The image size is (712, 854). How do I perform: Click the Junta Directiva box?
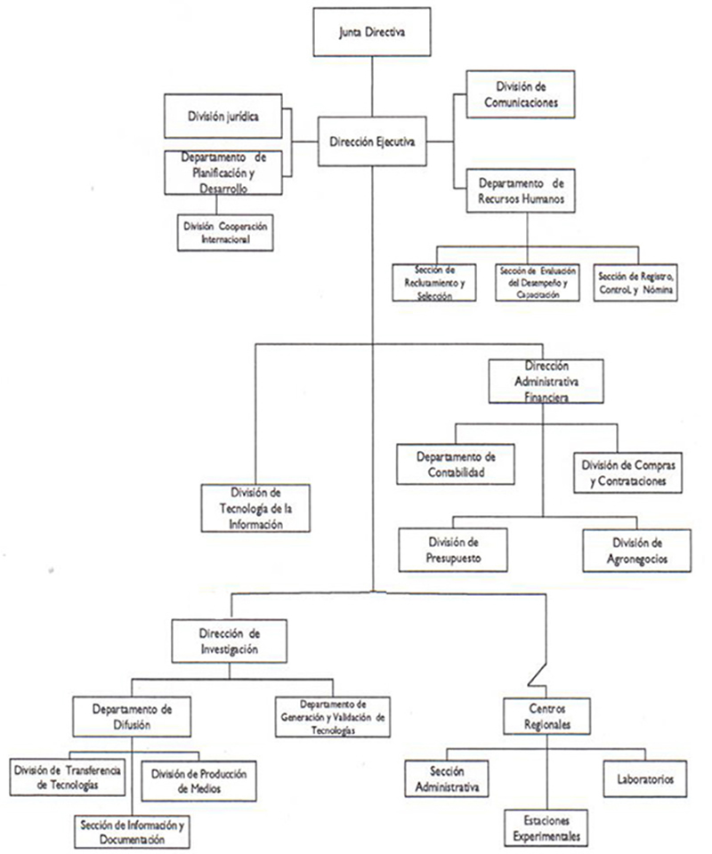372,33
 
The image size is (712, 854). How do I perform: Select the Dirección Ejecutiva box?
371,141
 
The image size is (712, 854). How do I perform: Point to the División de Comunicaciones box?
521,94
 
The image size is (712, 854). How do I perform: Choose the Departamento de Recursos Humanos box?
521,190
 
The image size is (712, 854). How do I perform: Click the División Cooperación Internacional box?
223,232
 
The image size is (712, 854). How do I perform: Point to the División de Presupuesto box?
453,550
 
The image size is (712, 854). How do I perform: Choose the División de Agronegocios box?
637,550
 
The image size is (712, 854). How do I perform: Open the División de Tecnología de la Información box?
255,508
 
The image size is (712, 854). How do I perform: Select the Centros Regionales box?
546,717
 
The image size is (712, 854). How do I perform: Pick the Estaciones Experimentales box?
546,827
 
